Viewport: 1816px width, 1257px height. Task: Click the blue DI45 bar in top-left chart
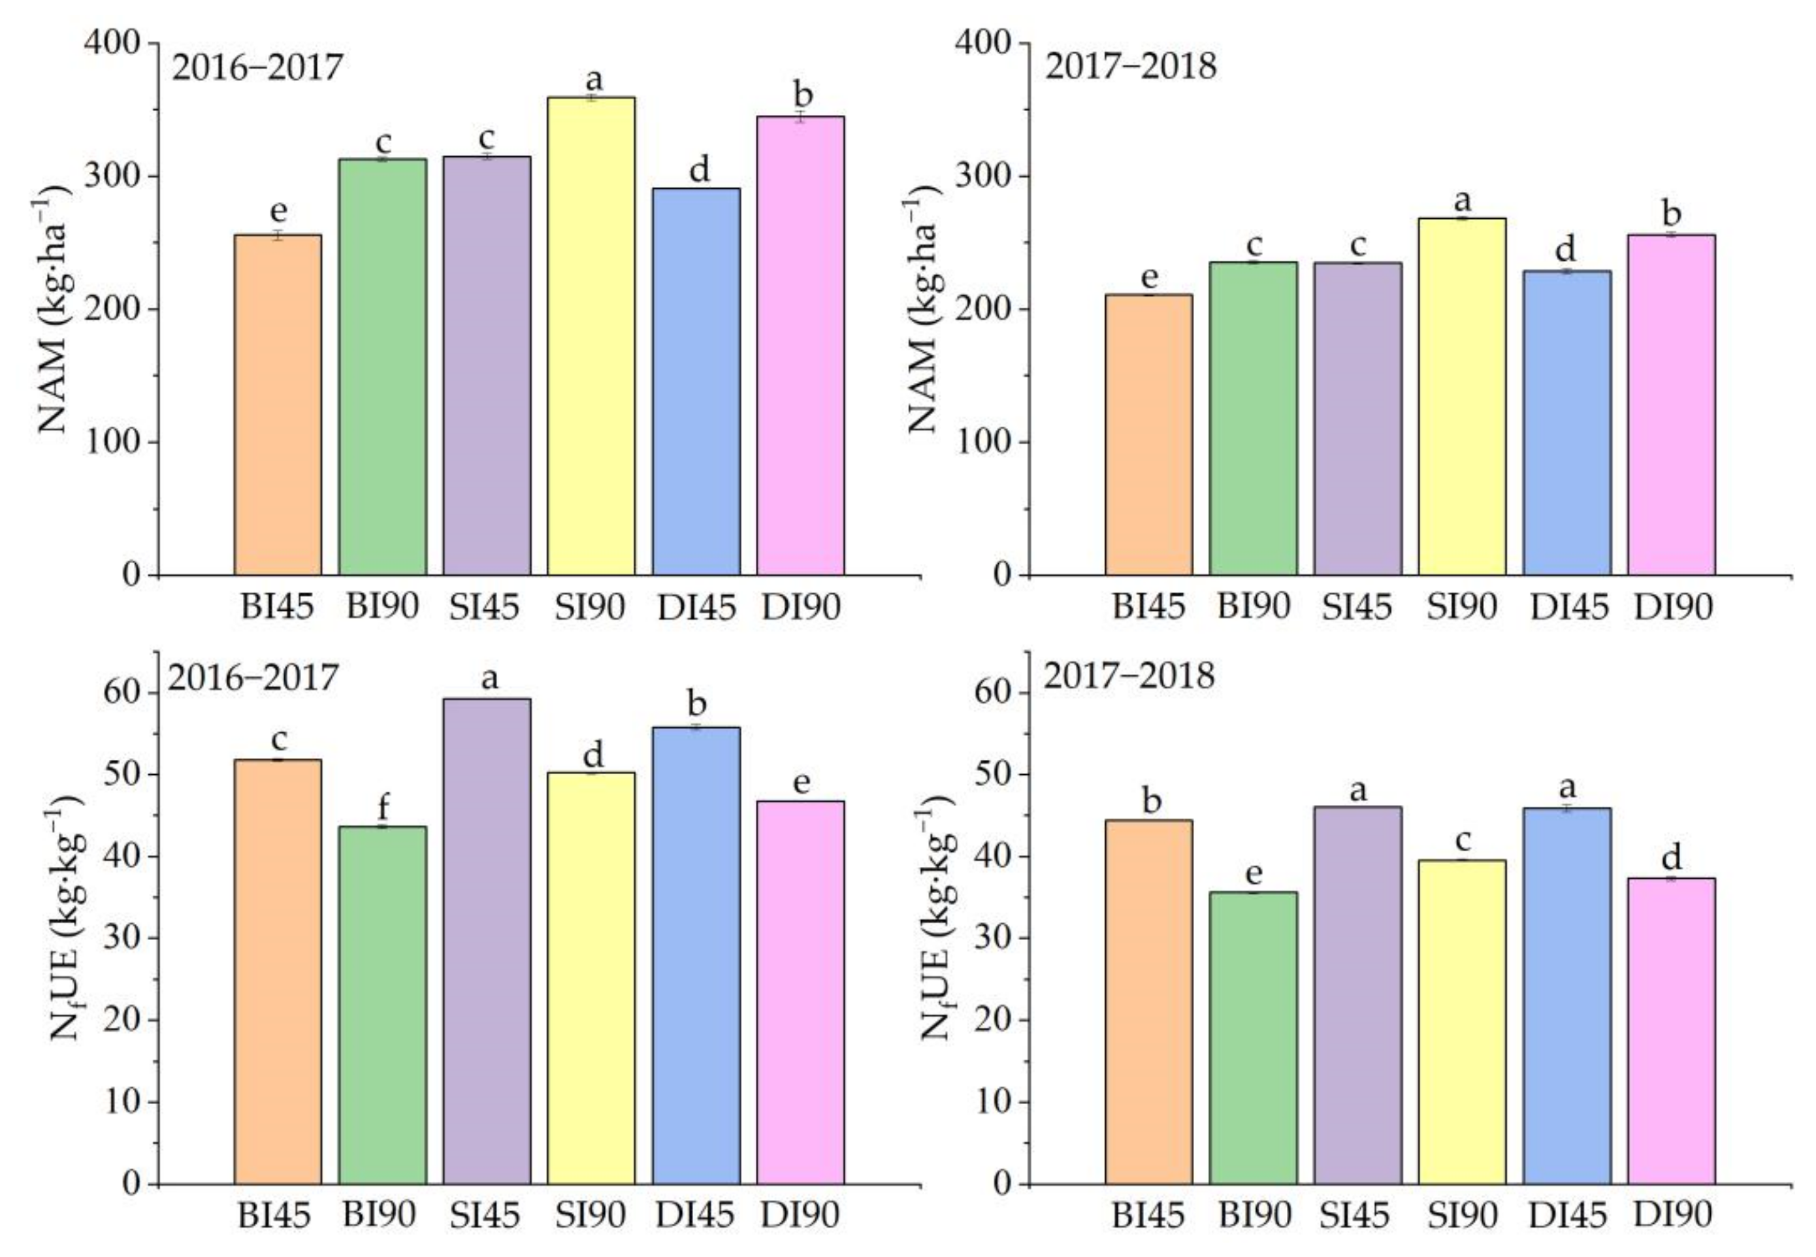696,382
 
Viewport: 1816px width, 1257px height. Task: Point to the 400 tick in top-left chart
112,42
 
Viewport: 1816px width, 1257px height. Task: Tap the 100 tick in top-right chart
984,442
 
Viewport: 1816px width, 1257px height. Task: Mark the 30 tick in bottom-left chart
124,938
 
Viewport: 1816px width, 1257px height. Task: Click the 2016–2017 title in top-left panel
257,68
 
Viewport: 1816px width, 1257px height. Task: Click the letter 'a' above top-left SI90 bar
593,79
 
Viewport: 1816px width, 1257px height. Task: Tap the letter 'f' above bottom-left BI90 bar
383,808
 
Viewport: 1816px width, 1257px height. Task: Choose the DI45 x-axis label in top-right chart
1568,607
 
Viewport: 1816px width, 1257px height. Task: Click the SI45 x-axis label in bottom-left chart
484,1215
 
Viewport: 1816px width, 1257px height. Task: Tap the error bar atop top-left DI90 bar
800,118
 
